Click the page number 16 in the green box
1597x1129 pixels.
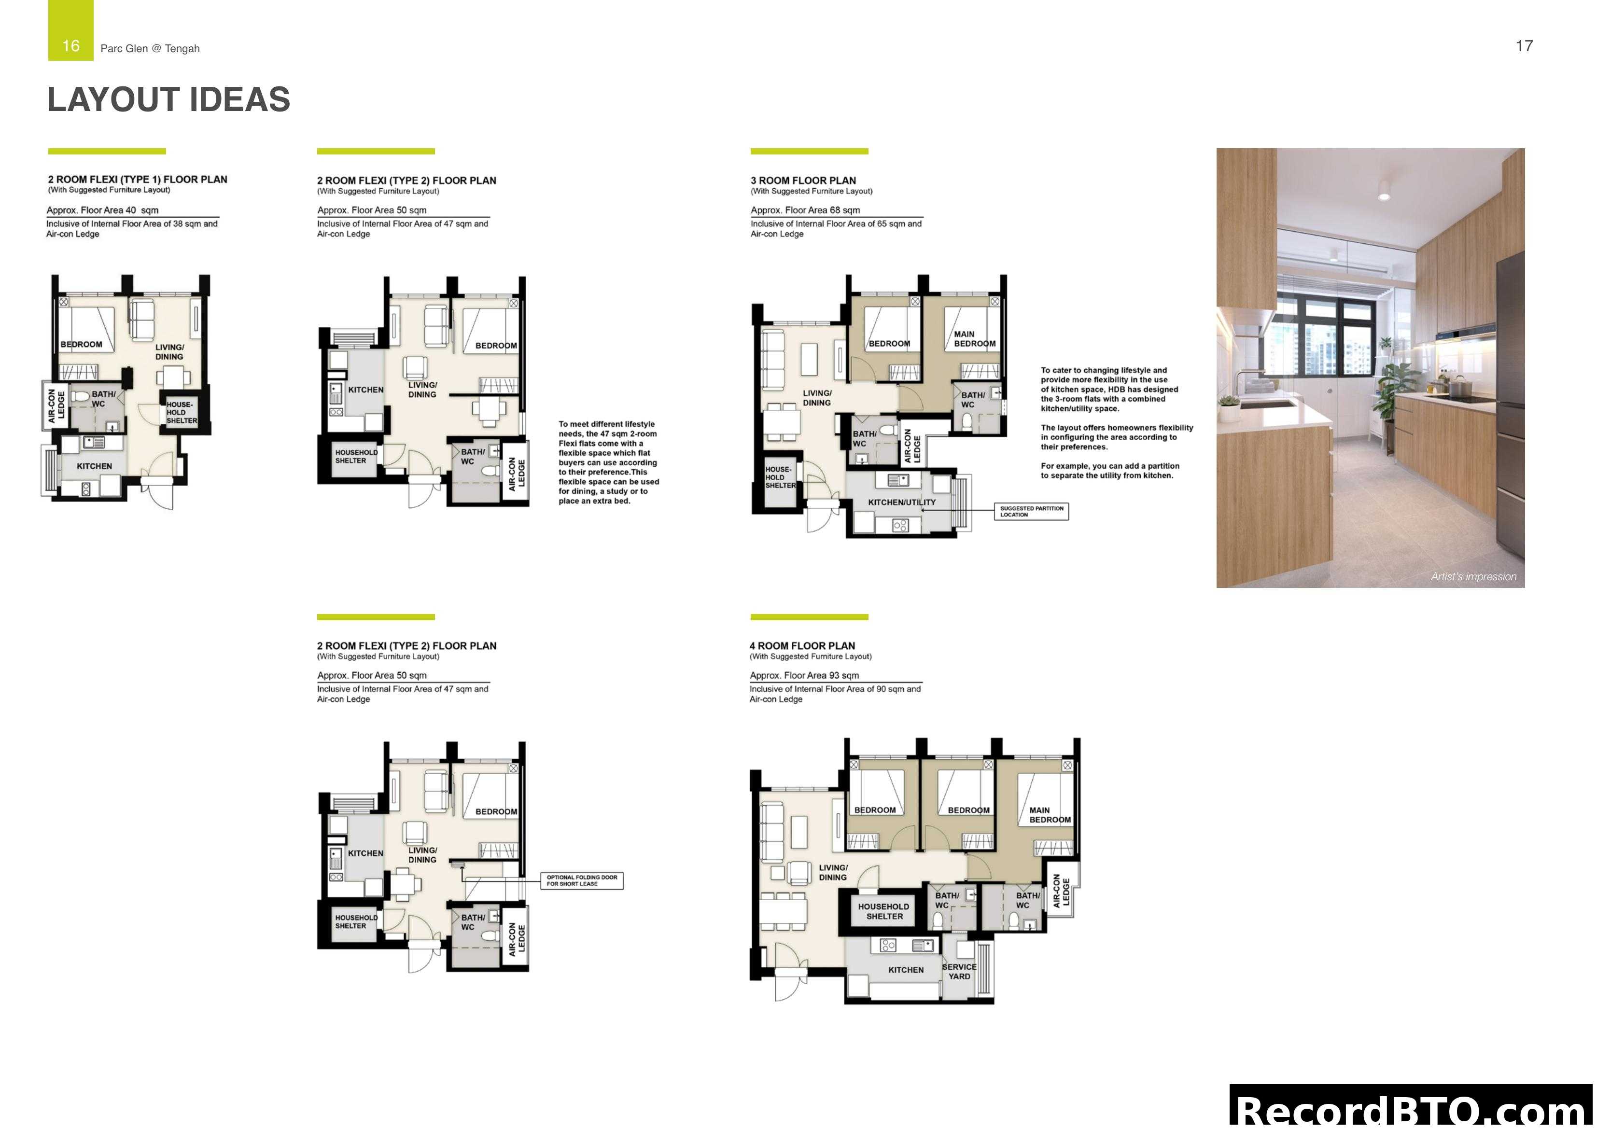pyautogui.click(x=70, y=46)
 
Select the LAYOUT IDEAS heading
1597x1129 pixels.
pyautogui.click(x=168, y=99)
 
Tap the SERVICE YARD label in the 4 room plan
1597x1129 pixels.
pyautogui.click(x=959, y=971)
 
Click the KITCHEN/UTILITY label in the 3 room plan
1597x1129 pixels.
pyautogui.click(x=901, y=502)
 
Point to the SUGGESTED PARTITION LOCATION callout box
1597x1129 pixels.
pyautogui.click(x=1032, y=511)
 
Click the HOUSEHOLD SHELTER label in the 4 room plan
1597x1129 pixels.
pyautogui.click(x=883, y=911)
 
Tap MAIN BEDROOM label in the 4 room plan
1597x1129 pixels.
pyautogui.click(x=1050, y=815)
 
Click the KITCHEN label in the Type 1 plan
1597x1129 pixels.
pyautogui.click(x=95, y=466)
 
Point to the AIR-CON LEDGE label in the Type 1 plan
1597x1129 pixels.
pyautogui.click(x=56, y=405)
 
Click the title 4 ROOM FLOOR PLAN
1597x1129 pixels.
pyautogui.click(x=802, y=645)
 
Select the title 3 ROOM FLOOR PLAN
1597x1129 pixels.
pyautogui.click(x=803, y=180)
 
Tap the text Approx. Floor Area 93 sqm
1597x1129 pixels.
pyautogui.click(x=804, y=675)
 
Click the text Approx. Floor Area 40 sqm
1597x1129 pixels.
pyautogui.click(x=102, y=210)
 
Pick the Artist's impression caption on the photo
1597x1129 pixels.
pyautogui.click(x=1473, y=576)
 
